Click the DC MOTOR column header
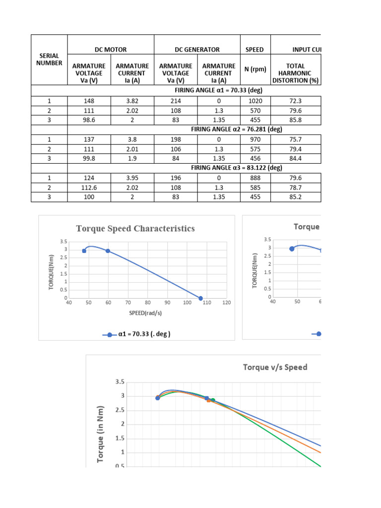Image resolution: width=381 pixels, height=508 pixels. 111,50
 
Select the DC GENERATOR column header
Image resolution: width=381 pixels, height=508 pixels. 197,50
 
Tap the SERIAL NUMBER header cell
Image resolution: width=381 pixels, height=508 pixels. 49,60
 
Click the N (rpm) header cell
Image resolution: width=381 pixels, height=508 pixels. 255,69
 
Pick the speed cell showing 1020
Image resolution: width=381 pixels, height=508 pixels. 255,101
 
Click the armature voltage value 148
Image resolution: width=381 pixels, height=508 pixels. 89,101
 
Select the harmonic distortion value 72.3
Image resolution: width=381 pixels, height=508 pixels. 296,101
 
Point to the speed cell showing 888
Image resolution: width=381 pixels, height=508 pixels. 255,177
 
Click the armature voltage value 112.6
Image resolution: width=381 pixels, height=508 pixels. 89,188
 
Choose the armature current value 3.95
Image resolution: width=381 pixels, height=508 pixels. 132,177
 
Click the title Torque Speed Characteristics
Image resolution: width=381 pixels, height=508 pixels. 135,229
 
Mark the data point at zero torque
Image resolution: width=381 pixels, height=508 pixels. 201,298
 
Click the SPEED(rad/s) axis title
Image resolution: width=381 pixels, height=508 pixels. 147,313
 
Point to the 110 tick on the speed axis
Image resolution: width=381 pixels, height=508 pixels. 207,303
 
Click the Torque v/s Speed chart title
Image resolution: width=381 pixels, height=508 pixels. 275,368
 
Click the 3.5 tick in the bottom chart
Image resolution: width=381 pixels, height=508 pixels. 120,382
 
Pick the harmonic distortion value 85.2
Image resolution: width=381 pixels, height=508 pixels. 296,197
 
